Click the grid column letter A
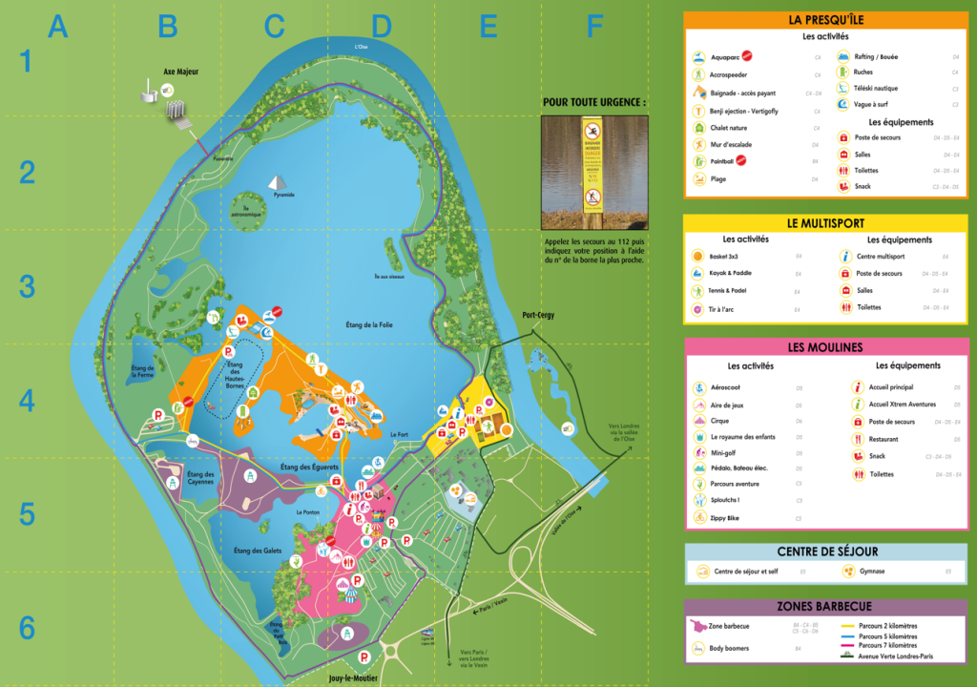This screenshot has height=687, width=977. point(58,27)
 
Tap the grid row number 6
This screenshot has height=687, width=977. point(27,628)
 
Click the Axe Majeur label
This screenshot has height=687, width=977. point(180,73)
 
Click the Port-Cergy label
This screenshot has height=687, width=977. point(538,315)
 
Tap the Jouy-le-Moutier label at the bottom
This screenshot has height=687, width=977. point(352,677)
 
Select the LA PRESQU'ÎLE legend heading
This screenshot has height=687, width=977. point(825,19)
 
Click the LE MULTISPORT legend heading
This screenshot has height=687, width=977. point(825,222)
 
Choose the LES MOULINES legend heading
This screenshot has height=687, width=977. point(825,347)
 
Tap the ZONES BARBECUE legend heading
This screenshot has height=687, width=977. point(825,606)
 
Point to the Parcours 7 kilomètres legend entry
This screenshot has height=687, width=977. point(887,644)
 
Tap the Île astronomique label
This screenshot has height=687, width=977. point(246,212)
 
